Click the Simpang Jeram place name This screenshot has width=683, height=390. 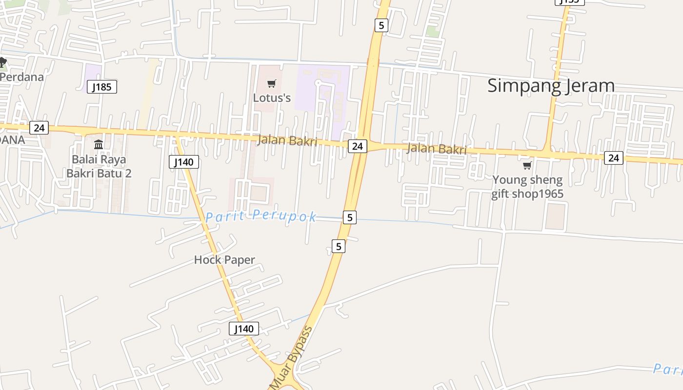pyautogui.click(x=551, y=86)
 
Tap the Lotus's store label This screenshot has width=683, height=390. pyautogui.click(x=272, y=98)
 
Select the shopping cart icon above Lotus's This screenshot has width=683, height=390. pyautogui.click(x=272, y=84)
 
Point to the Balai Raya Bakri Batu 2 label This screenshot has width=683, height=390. pyautogui.click(x=99, y=166)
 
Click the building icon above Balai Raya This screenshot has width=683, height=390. pyautogui.click(x=99, y=144)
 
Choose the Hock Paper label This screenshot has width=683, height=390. pyautogui.click(x=224, y=260)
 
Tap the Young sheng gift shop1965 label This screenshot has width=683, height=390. pyautogui.click(x=527, y=187)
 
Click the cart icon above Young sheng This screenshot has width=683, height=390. pyautogui.click(x=527, y=166)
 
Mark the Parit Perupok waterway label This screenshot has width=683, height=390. pyautogui.click(x=261, y=216)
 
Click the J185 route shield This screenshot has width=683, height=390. pyautogui.click(x=102, y=87)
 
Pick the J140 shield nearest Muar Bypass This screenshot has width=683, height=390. pyautogui.click(x=244, y=329)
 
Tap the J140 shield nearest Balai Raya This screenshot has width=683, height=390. pyautogui.click(x=184, y=162)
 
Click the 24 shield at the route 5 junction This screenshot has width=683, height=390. pyautogui.click(x=358, y=146)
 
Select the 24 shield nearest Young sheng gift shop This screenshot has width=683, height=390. pyautogui.click(x=614, y=157)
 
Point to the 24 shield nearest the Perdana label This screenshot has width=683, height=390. pyautogui.click(x=39, y=128)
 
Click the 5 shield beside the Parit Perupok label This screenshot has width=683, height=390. pyautogui.click(x=349, y=217)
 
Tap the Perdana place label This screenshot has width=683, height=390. pyautogui.click(x=22, y=77)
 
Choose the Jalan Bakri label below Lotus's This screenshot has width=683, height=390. pyautogui.click(x=287, y=141)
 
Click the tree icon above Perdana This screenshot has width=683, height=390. pyautogui.click(x=3, y=62)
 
